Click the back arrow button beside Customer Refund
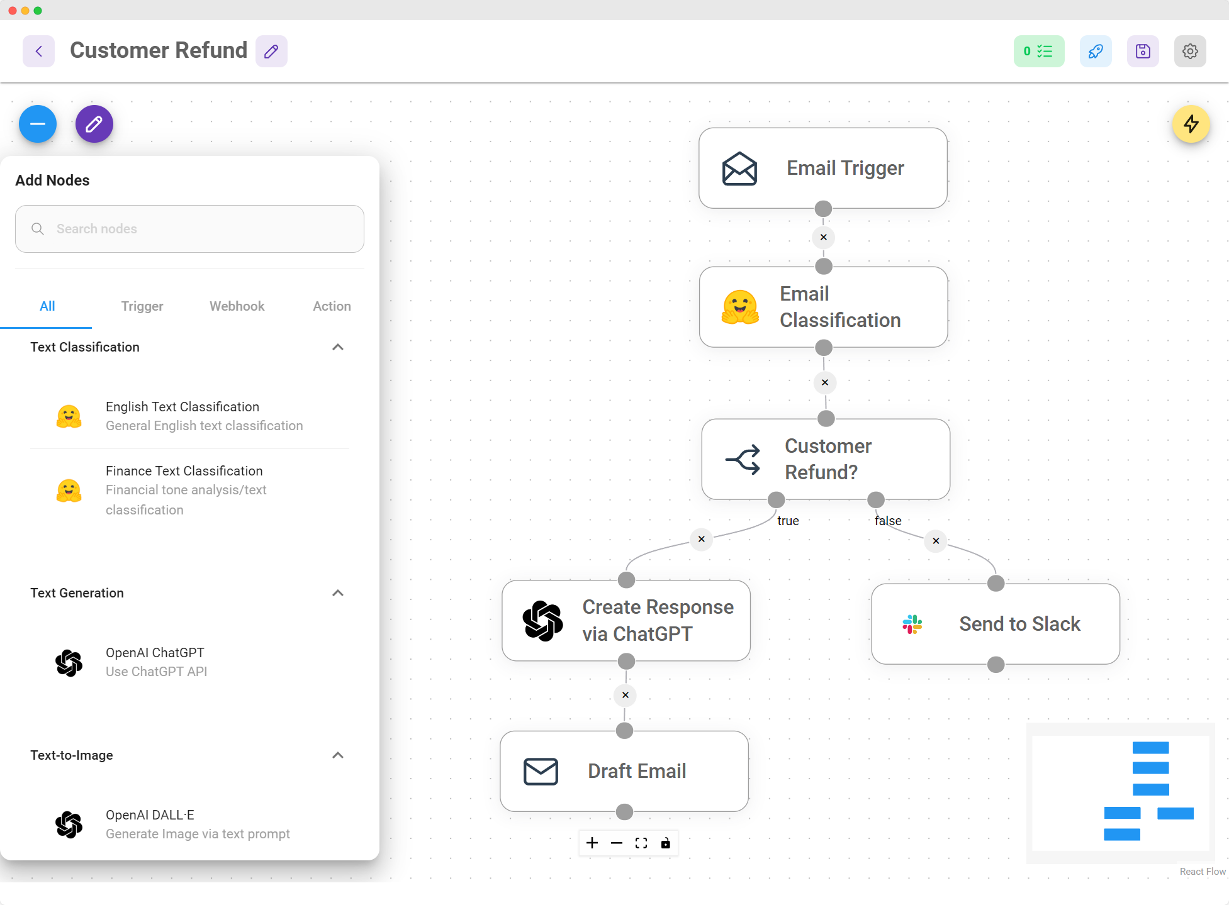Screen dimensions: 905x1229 (x=39, y=51)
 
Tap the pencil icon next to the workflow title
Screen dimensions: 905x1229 (x=271, y=51)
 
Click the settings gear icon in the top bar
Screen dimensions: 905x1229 (x=1189, y=51)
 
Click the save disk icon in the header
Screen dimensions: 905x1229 (x=1143, y=51)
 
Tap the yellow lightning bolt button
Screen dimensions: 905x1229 (x=1191, y=124)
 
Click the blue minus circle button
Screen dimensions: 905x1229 (x=38, y=124)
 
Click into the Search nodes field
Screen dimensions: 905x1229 (x=189, y=229)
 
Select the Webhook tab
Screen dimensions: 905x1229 (x=237, y=306)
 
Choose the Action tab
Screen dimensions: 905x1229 (x=332, y=306)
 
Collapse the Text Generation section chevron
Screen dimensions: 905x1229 (x=338, y=593)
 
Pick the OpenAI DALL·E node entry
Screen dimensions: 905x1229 (x=150, y=815)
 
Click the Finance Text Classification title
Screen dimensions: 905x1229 (x=184, y=471)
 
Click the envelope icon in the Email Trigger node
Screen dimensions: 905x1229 (x=739, y=169)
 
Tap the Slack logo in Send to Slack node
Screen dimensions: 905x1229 (x=912, y=624)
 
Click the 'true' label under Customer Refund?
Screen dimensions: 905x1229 (x=788, y=521)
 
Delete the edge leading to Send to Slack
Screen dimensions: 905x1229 (x=936, y=541)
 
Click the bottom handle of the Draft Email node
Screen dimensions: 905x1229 (x=624, y=812)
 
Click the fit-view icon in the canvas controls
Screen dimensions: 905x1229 (x=641, y=843)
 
